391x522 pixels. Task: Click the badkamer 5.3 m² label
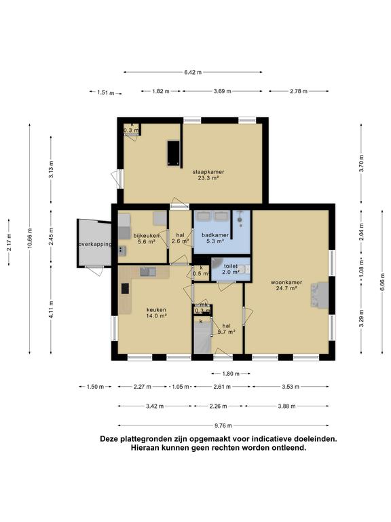(x=215, y=237)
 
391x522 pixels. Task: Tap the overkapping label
(x=94, y=244)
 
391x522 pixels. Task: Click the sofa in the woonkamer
(x=319, y=295)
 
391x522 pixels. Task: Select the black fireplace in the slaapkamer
(x=174, y=152)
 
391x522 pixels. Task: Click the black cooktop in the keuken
(x=125, y=288)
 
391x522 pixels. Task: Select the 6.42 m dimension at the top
(x=193, y=72)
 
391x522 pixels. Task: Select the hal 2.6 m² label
(x=179, y=238)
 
